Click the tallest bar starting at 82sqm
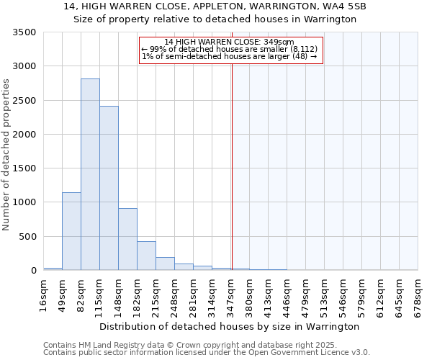click(x=90, y=174)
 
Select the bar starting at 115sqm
click(x=109, y=188)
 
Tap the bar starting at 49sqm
click(x=71, y=231)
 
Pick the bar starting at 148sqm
click(x=127, y=239)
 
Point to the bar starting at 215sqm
click(x=165, y=264)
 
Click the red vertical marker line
click(x=232, y=158)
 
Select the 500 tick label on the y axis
click(x=27, y=237)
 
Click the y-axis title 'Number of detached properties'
click(x=6, y=154)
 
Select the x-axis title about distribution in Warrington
click(x=229, y=326)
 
